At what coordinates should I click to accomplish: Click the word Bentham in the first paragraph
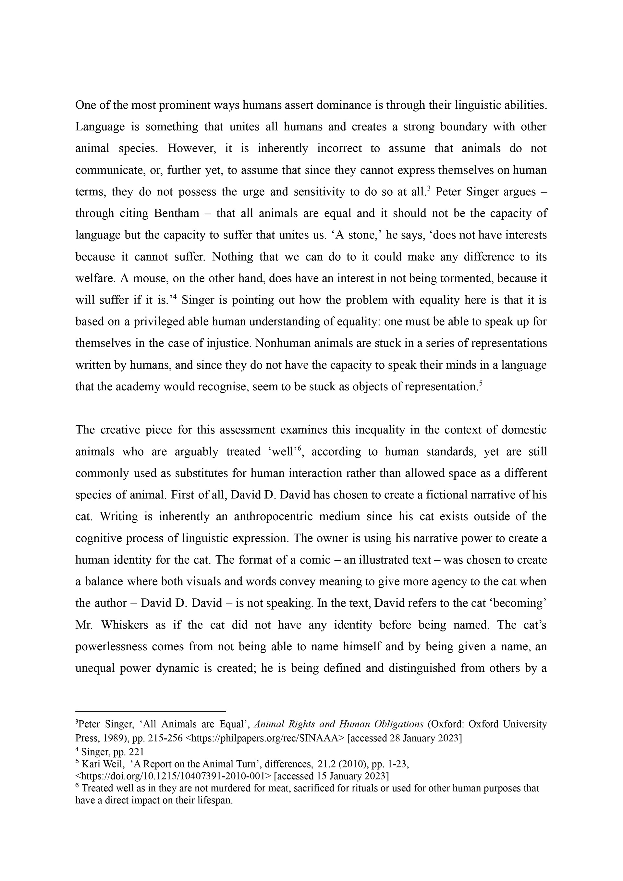coord(177,213)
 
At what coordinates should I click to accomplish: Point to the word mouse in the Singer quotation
coord(150,278)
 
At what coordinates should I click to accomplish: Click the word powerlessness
coord(111,646)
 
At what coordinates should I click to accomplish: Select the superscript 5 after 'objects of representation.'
coord(480,382)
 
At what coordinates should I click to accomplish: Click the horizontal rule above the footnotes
coord(150,711)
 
